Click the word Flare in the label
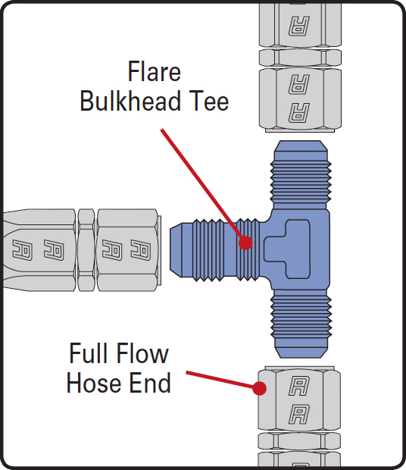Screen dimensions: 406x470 155,71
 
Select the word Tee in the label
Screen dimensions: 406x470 209,101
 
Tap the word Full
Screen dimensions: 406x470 89,353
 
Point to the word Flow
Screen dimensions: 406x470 142,353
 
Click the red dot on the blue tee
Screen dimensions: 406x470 245,242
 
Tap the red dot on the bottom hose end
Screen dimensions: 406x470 259,388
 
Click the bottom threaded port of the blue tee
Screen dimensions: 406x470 301,324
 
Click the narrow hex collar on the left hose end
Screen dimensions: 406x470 86,250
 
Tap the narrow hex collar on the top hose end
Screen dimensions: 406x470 300,58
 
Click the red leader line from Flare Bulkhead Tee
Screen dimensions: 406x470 204,186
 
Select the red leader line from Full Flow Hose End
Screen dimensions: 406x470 223,380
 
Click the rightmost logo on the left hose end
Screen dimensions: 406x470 141,250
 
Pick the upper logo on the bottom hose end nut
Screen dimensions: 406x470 299,386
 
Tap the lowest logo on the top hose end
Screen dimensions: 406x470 299,113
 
